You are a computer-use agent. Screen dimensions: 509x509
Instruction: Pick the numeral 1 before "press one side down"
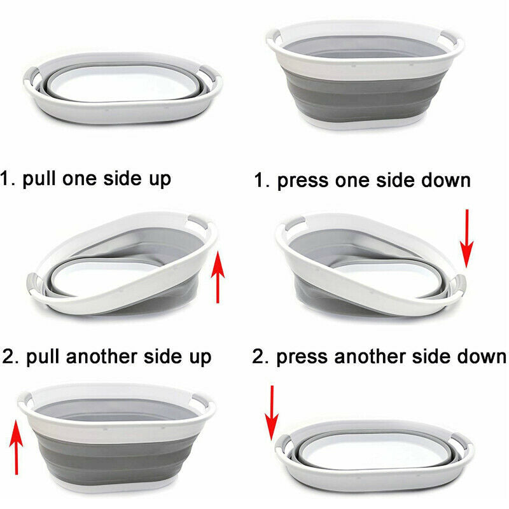coord(259,181)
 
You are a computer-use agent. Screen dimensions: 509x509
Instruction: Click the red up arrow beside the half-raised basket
coord(218,277)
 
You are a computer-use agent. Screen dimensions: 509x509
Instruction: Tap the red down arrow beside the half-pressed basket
coord(466,239)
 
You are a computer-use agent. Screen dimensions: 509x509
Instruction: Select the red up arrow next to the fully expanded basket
coord(16,447)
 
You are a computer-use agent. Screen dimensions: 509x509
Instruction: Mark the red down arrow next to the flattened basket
coord(272,413)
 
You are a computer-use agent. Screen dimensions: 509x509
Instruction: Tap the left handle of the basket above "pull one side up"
coord(31,75)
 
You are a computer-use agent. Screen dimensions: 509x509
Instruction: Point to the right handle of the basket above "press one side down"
coord(452,38)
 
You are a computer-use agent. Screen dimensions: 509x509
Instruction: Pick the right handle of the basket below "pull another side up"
coord(204,401)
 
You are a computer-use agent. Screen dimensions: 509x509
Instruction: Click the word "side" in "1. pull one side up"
coord(123,179)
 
